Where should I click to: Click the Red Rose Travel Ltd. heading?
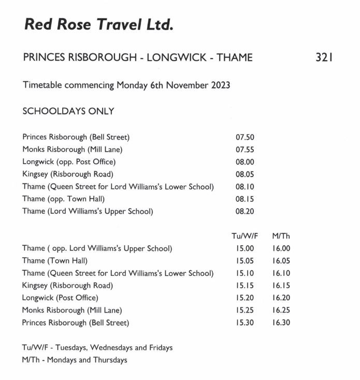point(98,24)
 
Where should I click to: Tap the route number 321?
point(323,58)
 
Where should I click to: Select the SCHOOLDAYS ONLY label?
point(68,111)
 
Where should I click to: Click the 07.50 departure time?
point(244,137)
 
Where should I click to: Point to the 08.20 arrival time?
point(244,212)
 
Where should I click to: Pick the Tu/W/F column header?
point(244,236)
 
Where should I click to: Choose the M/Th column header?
point(281,236)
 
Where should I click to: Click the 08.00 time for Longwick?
point(244,162)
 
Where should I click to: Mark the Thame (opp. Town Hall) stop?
point(64,199)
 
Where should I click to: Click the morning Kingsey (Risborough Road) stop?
point(68,174)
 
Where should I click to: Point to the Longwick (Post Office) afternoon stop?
point(60,298)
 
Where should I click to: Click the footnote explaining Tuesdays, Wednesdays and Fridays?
point(97,348)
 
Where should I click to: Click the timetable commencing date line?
point(126,85)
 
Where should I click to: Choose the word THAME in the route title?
point(235,58)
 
